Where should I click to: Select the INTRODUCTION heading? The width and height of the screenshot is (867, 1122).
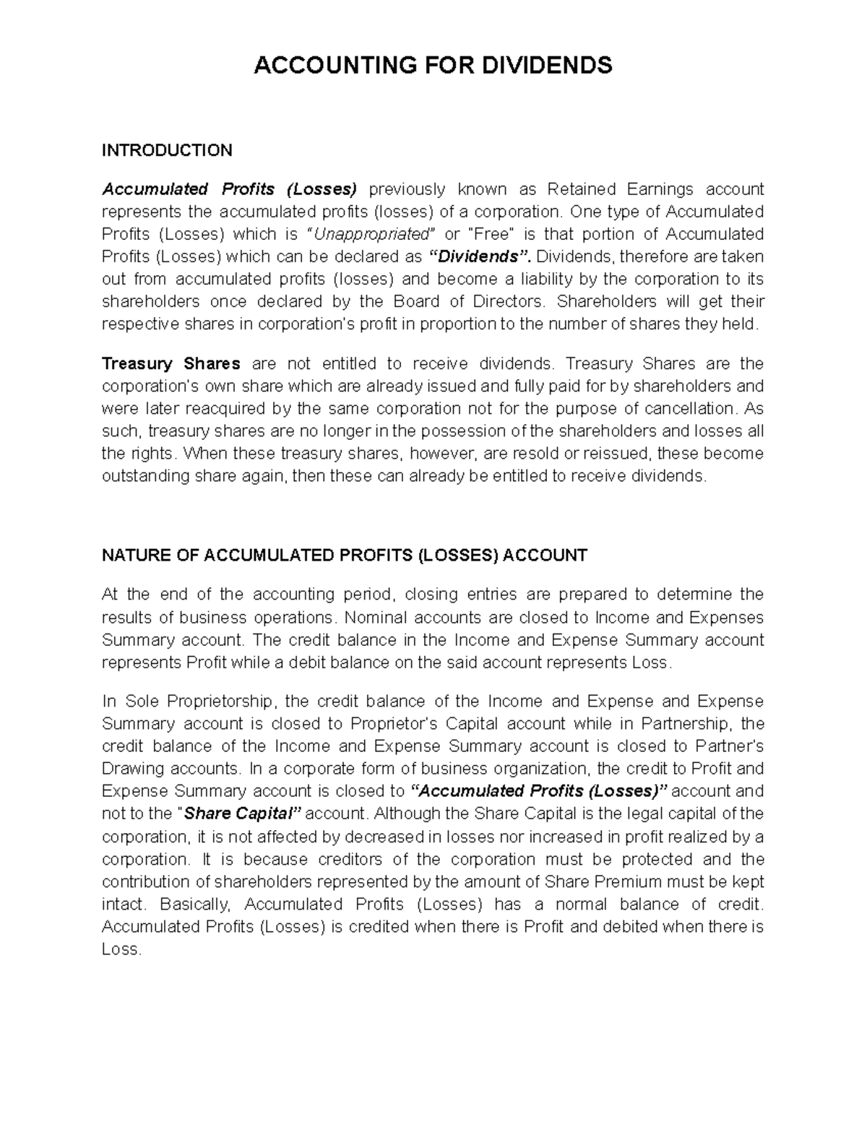167,150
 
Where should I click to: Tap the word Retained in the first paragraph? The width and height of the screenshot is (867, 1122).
582,189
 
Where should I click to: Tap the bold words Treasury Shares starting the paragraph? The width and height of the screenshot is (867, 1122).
171,363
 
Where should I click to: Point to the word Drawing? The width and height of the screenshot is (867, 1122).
133,769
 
